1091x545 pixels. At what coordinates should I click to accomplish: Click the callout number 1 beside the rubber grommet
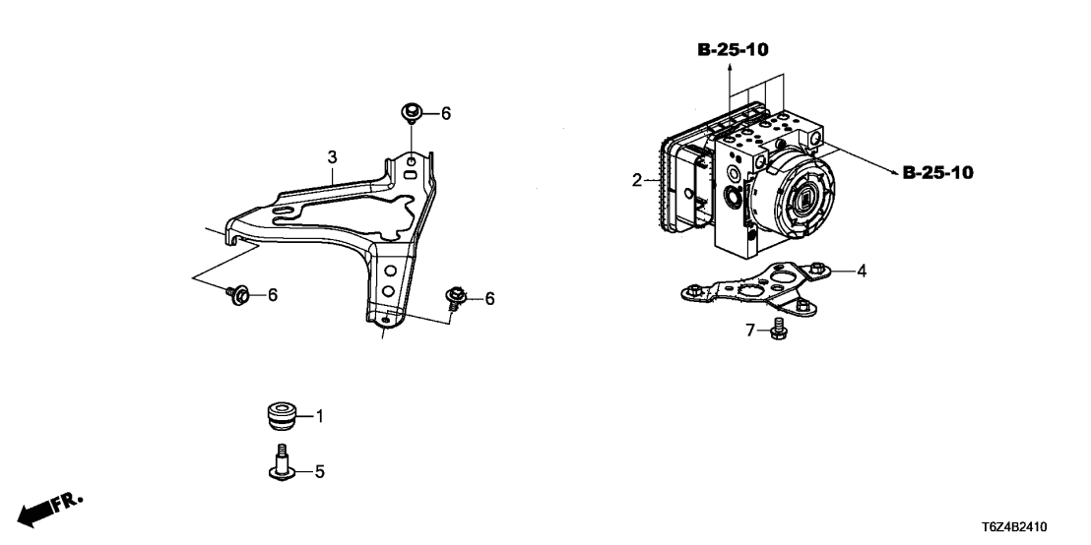click(320, 417)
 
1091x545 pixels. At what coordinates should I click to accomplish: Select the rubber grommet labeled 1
click(284, 416)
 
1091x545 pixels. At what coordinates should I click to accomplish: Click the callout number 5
click(319, 472)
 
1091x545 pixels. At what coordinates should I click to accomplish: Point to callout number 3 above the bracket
click(333, 157)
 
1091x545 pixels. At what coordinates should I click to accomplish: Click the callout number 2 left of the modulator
click(637, 181)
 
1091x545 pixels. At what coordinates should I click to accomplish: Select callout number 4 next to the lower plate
click(862, 272)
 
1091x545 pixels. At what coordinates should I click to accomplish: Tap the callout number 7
click(750, 331)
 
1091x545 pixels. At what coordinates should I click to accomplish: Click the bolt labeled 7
click(779, 329)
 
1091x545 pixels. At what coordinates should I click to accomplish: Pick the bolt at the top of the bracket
click(411, 112)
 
